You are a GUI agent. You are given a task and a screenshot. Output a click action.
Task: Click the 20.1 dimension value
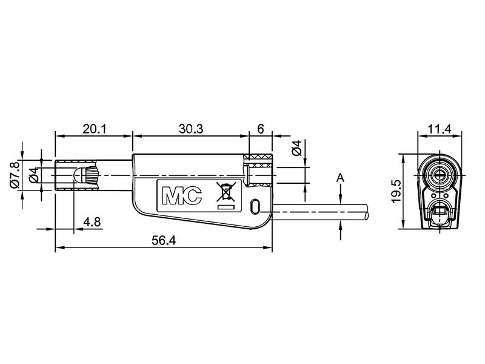click(x=94, y=129)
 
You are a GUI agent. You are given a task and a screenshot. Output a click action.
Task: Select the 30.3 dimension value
click(x=191, y=129)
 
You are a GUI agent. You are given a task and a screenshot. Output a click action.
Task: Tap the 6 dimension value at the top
click(x=261, y=129)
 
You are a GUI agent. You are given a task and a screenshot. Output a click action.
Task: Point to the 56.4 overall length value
click(x=164, y=240)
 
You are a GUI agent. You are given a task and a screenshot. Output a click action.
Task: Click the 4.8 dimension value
click(x=92, y=222)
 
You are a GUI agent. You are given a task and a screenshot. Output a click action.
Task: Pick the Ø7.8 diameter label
click(x=15, y=175)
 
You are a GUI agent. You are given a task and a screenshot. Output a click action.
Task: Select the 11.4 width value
click(x=440, y=129)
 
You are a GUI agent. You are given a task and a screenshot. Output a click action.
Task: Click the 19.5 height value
click(x=396, y=191)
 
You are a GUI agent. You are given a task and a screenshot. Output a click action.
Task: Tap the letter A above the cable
click(x=340, y=178)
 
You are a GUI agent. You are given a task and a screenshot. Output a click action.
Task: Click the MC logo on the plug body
click(x=182, y=195)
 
